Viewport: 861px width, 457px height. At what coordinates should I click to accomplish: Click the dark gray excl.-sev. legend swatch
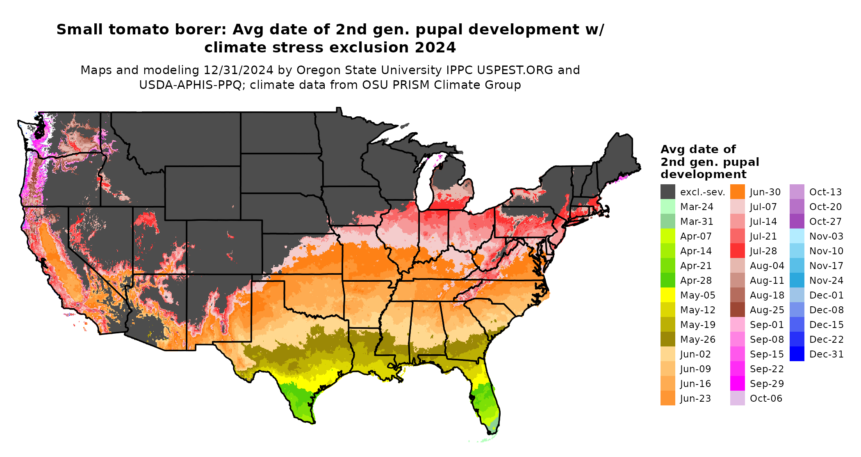667,192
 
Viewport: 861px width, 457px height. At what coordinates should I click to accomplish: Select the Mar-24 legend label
697,207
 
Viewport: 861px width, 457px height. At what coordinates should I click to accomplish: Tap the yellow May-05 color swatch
667,295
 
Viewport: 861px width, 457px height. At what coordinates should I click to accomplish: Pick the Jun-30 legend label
765,192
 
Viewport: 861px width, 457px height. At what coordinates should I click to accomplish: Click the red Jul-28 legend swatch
737,251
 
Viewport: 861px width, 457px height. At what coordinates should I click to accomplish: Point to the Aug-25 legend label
767,310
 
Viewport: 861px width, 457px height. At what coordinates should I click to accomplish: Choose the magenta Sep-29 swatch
737,383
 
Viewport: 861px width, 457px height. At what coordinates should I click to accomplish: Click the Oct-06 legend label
766,398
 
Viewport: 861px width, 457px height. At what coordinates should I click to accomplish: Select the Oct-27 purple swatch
797,221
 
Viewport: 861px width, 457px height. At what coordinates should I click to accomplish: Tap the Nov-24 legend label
826,281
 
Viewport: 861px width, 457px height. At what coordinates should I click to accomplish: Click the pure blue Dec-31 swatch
797,354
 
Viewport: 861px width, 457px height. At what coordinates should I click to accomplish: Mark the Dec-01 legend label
826,295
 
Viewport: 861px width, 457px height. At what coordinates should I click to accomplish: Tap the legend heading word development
703,174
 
